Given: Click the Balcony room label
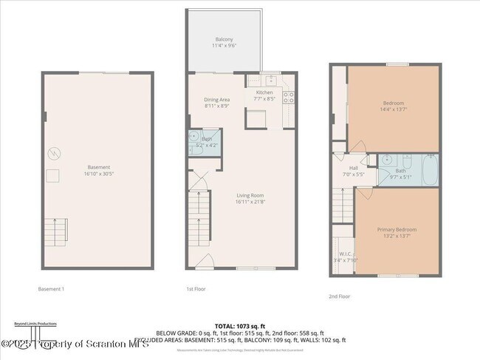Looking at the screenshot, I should click(x=224, y=39).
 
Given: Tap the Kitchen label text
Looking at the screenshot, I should click(x=264, y=92).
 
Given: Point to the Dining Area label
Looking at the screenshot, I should click(x=217, y=99).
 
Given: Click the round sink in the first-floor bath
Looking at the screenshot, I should click(x=193, y=137).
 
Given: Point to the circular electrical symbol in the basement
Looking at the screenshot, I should click(x=52, y=154).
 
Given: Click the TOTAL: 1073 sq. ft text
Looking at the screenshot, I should click(x=239, y=325).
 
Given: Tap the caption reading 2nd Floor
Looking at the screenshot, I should click(x=339, y=296).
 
